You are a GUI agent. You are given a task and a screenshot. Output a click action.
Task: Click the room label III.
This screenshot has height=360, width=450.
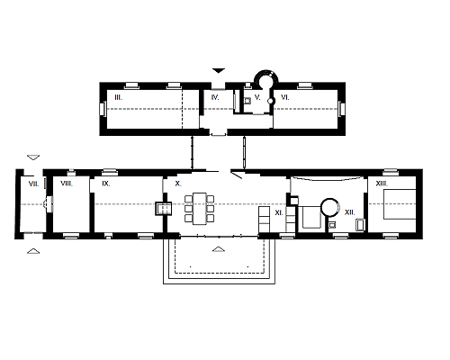119,97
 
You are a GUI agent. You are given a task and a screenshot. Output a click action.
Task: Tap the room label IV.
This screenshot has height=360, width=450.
215,97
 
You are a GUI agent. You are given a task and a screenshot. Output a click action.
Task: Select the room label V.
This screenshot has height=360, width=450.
257,97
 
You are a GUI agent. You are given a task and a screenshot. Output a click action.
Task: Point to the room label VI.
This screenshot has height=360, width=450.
285,97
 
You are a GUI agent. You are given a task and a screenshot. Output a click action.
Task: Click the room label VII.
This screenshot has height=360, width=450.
33,184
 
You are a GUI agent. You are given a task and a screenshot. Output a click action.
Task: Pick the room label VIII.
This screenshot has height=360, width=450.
67,183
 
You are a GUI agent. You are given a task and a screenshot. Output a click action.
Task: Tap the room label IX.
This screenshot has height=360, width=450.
106,184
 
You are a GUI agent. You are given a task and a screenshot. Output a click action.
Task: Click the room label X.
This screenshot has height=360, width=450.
178,184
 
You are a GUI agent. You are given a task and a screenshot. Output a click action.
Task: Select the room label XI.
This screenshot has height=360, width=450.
279,212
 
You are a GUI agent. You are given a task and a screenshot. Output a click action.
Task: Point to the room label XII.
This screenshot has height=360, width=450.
350,212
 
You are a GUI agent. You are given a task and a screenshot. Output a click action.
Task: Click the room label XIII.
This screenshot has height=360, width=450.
382,184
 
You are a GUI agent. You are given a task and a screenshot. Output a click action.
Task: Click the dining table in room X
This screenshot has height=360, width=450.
200,209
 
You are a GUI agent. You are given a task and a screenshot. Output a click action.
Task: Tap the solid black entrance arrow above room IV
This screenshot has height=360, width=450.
219,70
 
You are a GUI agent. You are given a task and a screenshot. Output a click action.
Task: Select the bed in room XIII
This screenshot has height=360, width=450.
400,204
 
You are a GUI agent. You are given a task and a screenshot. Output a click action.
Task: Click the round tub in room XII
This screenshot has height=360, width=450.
330,207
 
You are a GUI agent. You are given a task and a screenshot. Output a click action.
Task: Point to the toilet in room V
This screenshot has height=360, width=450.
247,101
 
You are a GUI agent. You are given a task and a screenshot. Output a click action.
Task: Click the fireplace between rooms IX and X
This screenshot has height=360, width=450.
164,209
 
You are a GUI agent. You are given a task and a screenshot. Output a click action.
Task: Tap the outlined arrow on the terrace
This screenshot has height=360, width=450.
219,249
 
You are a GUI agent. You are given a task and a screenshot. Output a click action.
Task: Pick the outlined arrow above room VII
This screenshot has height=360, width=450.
33,157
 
